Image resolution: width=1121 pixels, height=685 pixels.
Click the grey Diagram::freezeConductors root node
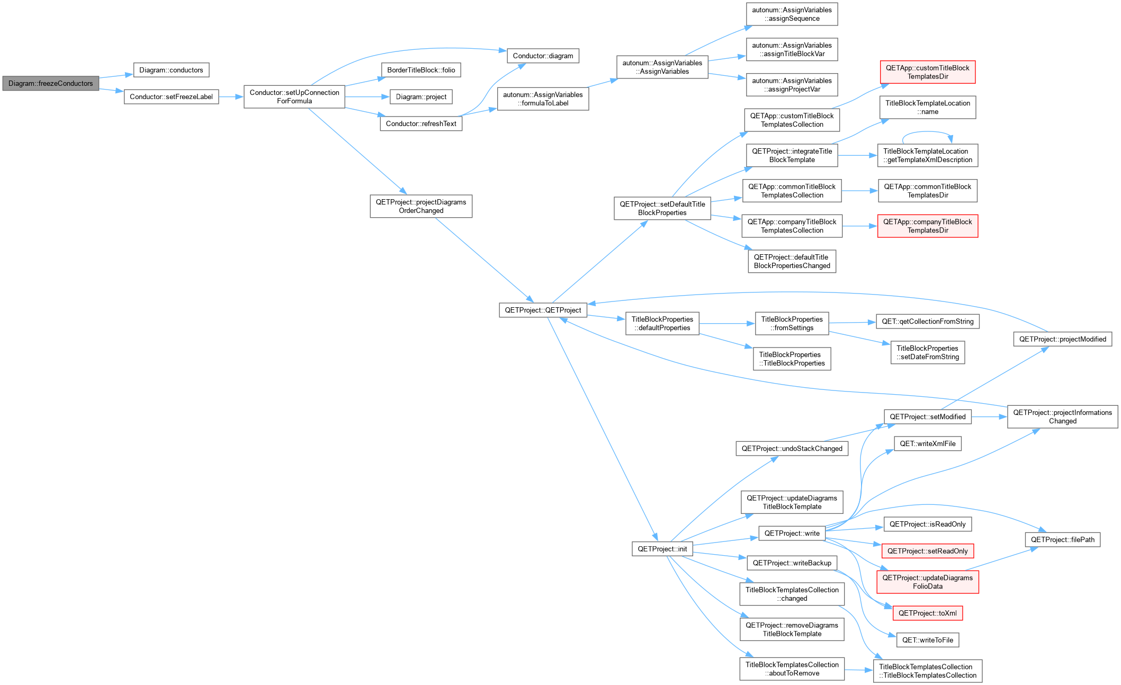click(x=51, y=83)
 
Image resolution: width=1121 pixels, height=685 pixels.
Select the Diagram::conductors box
click(x=171, y=70)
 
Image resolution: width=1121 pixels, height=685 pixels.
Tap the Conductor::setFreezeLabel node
click(x=171, y=97)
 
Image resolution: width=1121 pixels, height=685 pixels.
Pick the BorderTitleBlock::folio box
click(x=421, y=70)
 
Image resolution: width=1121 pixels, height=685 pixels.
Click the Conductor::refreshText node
click(x=421, y=123)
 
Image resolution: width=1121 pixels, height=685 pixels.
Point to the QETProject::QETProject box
click(x=543, y=310)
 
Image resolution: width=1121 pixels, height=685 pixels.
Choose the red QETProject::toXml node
click(x=927, y=613)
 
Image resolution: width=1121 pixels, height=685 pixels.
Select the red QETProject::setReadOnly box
click(x=927, y=551)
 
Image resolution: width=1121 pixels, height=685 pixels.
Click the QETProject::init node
click(x=662, y=549)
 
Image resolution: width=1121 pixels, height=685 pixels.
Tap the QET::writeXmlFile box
click(x=927, y=443)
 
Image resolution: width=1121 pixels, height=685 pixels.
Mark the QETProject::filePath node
click(x=1062, y=540)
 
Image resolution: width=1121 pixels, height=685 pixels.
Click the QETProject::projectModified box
click(x=1062, y=339)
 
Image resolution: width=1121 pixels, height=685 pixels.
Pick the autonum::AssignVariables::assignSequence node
click(x=792, y=14)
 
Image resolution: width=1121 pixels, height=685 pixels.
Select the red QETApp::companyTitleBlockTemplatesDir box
click(x=927, y=226)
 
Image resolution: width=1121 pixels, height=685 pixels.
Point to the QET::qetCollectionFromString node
click(x=927, y=322)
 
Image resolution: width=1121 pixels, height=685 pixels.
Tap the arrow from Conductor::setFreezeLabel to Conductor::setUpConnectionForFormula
click(x=231, y=97)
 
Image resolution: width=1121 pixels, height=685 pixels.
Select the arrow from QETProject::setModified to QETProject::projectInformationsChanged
click(x=989, y=417)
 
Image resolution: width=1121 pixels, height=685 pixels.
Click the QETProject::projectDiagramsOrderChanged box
click(x=421, y=206)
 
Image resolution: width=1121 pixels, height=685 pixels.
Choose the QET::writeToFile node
click(x=927, y=640)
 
